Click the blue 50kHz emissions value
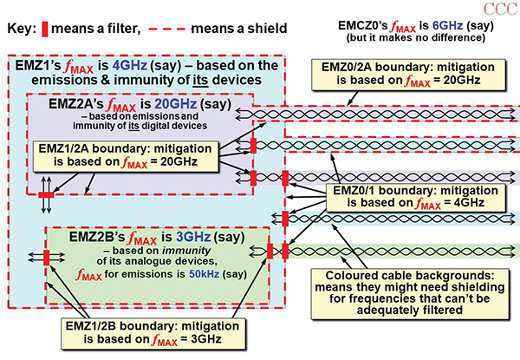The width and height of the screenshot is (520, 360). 196,274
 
